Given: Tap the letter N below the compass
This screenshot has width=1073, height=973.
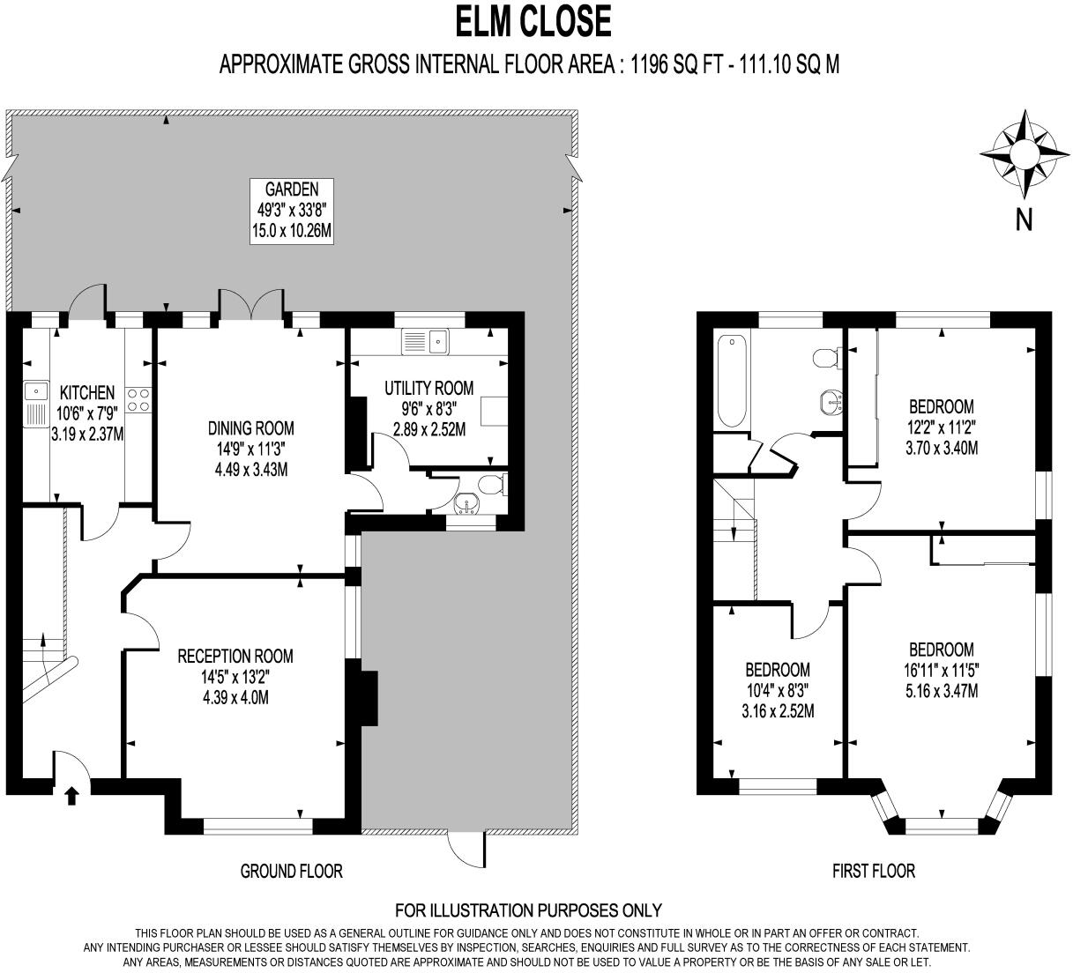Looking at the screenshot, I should click(x=1024, y=219).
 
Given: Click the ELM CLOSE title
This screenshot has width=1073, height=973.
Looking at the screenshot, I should click(x=533, y=22).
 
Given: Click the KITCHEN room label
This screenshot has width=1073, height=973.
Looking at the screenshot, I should click(x=86, y=393).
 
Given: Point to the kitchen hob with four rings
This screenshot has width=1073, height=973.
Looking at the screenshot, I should click(x=137, y=400).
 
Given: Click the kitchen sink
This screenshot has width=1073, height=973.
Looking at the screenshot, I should click(x=35, y=390).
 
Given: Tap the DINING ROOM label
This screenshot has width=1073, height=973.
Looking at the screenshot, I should click(x=251, y=429).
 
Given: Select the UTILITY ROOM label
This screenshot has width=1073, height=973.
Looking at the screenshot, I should click(x=428, y=388).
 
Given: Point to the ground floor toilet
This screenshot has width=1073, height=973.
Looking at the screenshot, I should click(x=490, y=484).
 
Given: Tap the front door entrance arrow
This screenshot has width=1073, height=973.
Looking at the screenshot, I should click(x=71, y=796).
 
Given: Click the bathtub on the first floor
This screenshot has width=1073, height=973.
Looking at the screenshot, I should click(x=732, y=381).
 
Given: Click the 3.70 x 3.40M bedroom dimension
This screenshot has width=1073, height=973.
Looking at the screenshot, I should click(x=942, y=448).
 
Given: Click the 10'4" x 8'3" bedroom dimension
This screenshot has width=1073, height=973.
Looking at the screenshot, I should click(x=777, y=690).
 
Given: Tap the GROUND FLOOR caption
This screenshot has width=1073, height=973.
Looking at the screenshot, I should click(x=291, y=872).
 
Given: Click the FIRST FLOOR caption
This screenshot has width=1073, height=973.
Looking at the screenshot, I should click(x=874, y=872).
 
